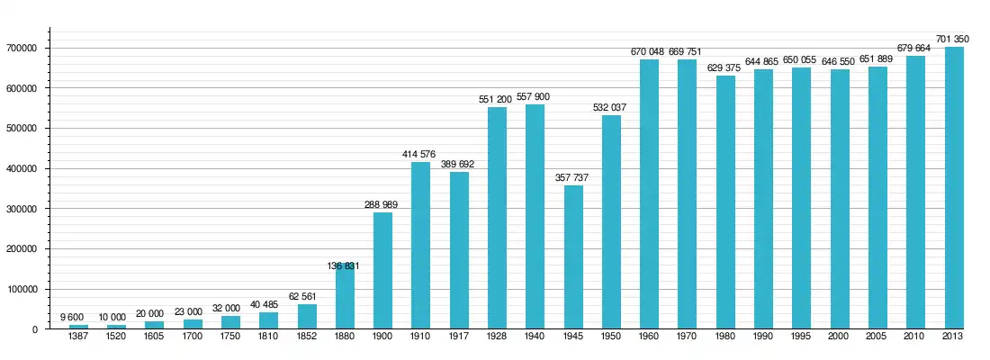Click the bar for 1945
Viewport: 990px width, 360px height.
(x=573, y=256)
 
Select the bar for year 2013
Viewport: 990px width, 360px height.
(x=954, y=187)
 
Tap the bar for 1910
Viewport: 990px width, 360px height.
(x=421, y=245)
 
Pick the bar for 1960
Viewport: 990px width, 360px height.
(x=649, y=193)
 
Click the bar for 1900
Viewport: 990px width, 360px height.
(x=382, y=270)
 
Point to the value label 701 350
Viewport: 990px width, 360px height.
(x=954, y=39)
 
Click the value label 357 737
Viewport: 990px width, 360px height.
(x=573, y=177)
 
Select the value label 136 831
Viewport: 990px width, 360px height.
(x=345, y=265)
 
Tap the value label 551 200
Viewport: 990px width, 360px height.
(x=497, y=99)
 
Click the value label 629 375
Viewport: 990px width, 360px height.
(x=725, y=67)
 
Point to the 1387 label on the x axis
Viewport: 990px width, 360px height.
(x=78, y=337)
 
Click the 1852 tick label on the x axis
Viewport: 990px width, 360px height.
(x=307, y=337)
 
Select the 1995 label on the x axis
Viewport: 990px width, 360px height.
(x=802, y=337)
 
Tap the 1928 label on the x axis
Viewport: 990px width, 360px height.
(x=497, y=337)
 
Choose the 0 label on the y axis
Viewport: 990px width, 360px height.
(x=36, y=329)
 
